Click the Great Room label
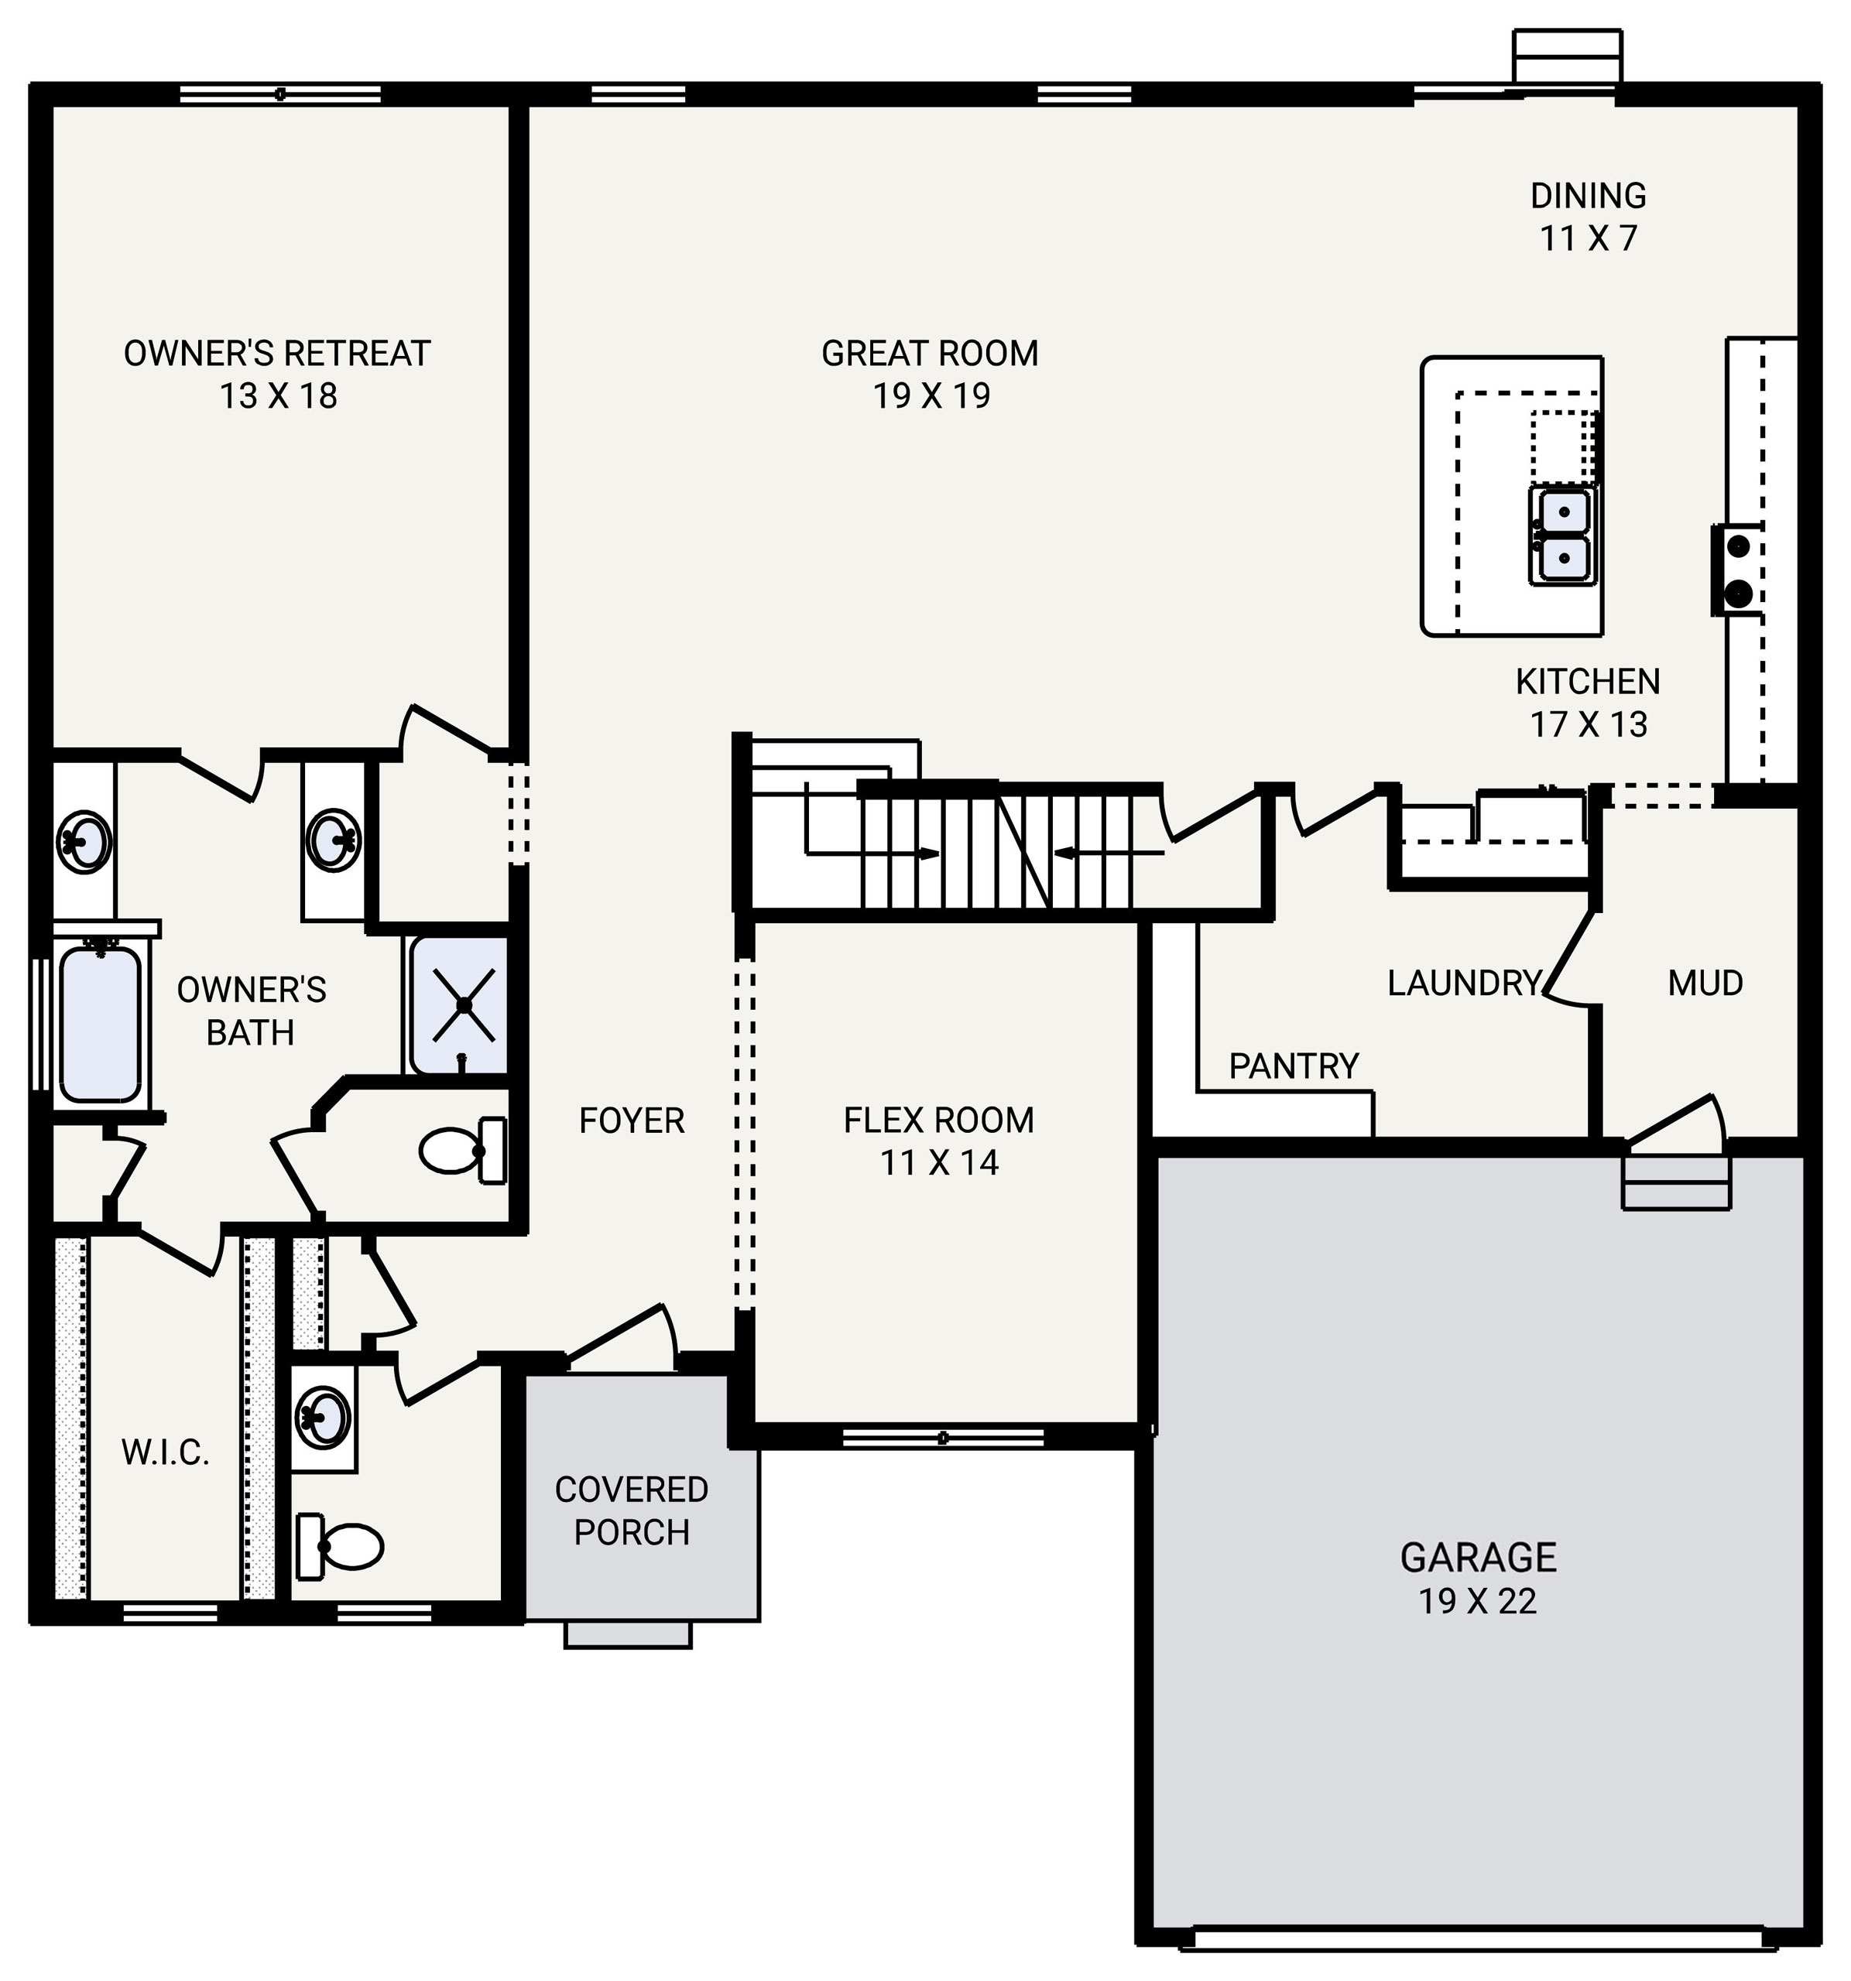pyautogui.click(x=929, y=353)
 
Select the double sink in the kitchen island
pyautogui.click(x=1562, y=535)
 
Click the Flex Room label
pyautogui.click(x=938, y=1120)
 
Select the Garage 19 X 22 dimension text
pyautogui.click(x=1477, y=1601)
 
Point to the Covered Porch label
pyautogui.click(x=631, y=1510)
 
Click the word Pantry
pyautogui.click(x=1293, y=1066)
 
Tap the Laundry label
pyautogui.click(x=1463, y=984)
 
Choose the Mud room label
pyautogui.click(x=1705, y=984)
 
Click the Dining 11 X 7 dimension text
pyautogui.click(x=1588, y=239)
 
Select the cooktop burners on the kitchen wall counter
pyautogui.click(x=1737, y=570)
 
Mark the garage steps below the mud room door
pyautogui.click(x=1675, y=1183)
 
